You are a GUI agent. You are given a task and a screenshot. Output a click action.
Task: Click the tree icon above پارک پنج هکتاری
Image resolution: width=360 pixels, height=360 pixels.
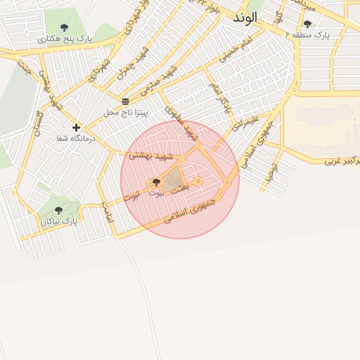point(65,28)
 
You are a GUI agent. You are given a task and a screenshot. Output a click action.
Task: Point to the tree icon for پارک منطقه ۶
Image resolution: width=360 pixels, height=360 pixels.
point(307,24)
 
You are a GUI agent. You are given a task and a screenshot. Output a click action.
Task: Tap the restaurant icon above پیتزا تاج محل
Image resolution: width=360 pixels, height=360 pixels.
point(125,101)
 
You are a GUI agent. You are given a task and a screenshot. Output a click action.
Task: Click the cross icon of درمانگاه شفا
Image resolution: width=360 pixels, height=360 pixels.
point(76,127)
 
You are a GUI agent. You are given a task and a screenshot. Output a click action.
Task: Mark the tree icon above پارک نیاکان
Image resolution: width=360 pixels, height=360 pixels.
point(58,210)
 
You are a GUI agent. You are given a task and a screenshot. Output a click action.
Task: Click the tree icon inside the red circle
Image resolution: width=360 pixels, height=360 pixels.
point(155,182)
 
